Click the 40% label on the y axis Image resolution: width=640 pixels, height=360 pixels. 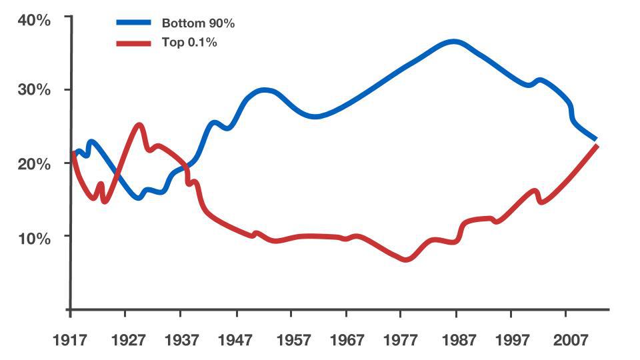coord(34,20)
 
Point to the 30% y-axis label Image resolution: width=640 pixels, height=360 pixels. coord(34,91)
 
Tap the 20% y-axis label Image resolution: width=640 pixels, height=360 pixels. coord(34,164)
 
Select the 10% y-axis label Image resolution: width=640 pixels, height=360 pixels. coord(34,238)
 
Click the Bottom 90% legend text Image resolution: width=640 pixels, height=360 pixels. coord(198,23)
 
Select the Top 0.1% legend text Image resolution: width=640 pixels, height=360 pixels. coord(190,43)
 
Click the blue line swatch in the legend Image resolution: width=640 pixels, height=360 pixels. coord(135,23)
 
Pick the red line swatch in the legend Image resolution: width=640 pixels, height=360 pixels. coord(135,43)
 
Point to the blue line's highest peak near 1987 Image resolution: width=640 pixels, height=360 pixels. coord(453,42)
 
